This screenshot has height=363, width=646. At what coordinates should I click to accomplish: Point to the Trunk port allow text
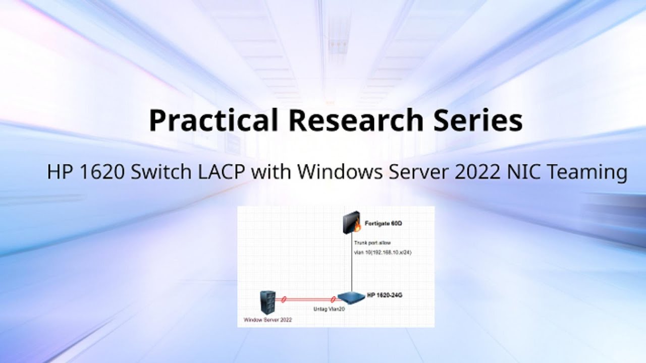tap(372, 243)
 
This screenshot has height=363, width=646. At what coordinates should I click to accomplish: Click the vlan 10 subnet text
tap(383, 252)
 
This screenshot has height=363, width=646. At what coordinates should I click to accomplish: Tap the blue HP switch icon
tap(351, 298)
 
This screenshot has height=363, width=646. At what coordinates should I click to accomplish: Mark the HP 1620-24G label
tap(385, 294)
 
